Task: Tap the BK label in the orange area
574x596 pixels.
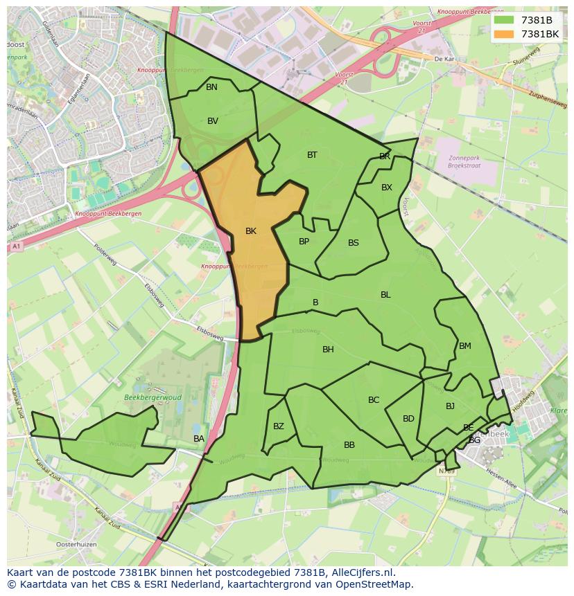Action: point(251,231)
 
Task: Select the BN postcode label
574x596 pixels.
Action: point(211,87)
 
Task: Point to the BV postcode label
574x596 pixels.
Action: point(213,121)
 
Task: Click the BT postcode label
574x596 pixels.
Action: point(312,155)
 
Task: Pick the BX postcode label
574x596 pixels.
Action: point(387,188)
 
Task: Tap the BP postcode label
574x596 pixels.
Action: point(304,242)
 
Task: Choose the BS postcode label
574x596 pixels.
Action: point(354,243)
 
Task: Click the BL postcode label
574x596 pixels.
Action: point(385,295)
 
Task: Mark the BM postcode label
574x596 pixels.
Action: point(464,346)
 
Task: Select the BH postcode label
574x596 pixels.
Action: point(328,350)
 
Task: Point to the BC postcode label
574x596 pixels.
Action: point(374,400)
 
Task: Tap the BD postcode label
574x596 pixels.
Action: point(408,419)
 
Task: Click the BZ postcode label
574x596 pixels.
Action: point(278,426)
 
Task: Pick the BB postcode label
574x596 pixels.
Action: point(349,445)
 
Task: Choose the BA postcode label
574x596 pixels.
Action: point(199,439)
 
